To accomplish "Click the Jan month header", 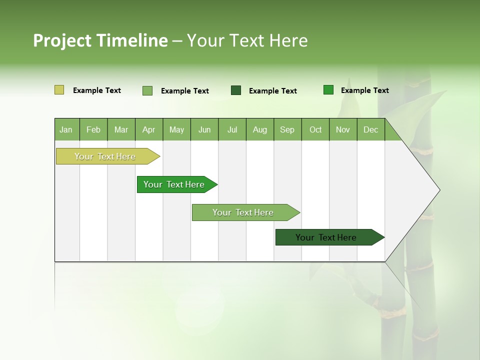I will click(x=66, y=129).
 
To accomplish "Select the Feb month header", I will click(x=93, y=129).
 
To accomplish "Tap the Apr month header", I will click(x=148, y=129).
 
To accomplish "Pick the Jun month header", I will click(x=204, y=129).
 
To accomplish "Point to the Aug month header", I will click(x=260, y=129).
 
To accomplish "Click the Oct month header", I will click(x=315, y=129).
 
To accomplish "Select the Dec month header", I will click(x=370, y=129).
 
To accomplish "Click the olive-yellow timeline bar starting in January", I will click(x=105, y=156).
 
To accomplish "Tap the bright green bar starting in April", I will click(x=174, y=184).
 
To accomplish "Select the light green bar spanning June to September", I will click(x=243, y=212).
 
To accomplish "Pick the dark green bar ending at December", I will click(x=326, y=237).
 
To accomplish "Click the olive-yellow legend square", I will click(x=59, y=90).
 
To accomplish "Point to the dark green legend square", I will click(x=236, y=90).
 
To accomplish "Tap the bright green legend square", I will click(x=328, y=90).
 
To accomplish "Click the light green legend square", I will click(x=147, y=90).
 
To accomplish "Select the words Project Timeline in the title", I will click(x=100, y=40).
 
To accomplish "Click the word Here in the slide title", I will click(x=288, y=40).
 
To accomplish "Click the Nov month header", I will click(x=343, y=129).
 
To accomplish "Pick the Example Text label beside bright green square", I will click(x=364, y=90).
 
